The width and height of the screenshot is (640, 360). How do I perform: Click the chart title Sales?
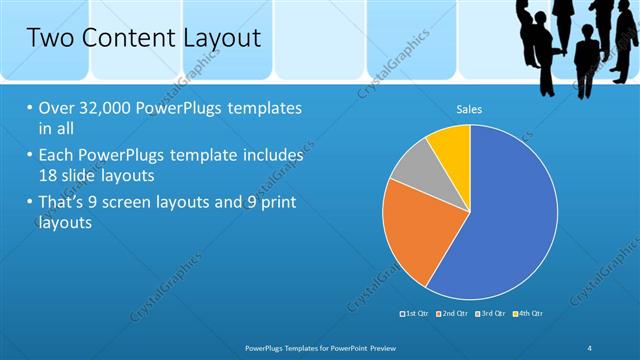pos(470,108)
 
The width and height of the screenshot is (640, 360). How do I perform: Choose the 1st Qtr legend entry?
pos(413,314)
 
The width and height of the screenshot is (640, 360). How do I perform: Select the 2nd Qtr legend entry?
pos(452,314)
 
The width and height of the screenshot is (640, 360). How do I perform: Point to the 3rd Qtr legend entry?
pos(491,314)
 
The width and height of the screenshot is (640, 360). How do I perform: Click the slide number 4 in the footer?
pos(589,346)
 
